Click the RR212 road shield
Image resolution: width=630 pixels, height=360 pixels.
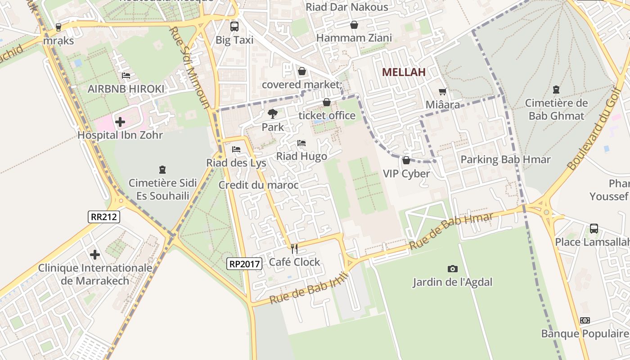(x=104, y=217)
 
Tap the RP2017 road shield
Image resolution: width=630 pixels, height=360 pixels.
(x=244, y=264)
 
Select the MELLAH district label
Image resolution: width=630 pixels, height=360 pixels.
(x=404, y=72)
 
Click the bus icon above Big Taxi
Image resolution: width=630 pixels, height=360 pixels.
(x=234, y=27)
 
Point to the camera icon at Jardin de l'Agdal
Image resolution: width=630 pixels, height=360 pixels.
(x=453, y=269)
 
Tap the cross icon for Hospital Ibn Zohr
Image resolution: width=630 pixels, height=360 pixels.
(x=120, y=121)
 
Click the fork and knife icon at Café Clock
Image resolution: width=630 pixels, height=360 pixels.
(x=294, y=248)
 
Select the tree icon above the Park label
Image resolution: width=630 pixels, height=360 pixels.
(x=272, y=114)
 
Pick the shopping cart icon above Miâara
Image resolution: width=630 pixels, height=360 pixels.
(x=443, y=91)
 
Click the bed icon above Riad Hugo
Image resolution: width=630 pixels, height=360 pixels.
(x=301, y=143)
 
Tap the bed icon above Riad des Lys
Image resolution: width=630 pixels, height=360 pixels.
(x=236, y=149)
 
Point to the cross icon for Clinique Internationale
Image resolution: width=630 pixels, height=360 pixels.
(x=95, y=255)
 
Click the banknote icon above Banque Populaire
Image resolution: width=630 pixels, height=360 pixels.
(x=585, y=320)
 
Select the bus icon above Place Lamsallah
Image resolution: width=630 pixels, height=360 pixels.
(x=594, y=229)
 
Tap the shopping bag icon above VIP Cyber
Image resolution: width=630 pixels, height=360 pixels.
(x=406, y=160)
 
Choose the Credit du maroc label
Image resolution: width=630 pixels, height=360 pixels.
(x=258, y=185)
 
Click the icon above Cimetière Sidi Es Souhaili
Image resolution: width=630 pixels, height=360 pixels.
(x=162, y=170)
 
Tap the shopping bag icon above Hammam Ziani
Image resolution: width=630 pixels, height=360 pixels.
(x=354, y=25)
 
